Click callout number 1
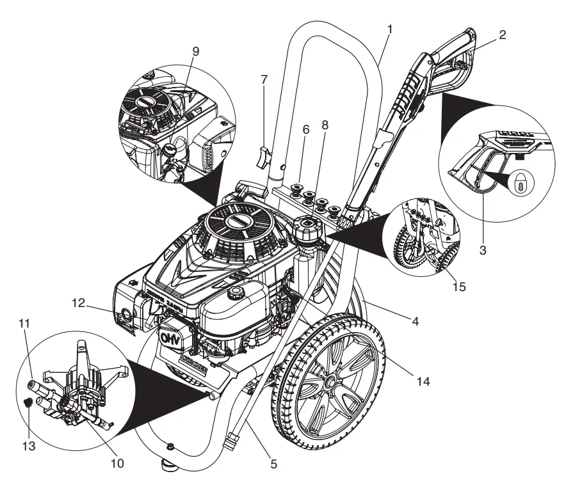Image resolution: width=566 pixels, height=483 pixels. pos(391,29)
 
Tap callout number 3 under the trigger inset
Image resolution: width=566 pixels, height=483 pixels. pos(483,250)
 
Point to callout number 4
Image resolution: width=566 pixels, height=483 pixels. pos(416,322)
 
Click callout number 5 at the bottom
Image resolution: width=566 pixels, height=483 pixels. pos(273,464)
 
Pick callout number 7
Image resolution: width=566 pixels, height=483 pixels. pos(264,80)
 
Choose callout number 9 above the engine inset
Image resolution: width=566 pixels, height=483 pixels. pos(195,51)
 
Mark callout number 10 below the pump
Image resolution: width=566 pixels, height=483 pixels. pos(118,461)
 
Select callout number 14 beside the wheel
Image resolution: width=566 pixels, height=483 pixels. pos(423,382)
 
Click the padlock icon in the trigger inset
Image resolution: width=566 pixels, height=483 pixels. pos(519,185)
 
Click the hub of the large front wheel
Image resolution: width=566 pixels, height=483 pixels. pos(333,383)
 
